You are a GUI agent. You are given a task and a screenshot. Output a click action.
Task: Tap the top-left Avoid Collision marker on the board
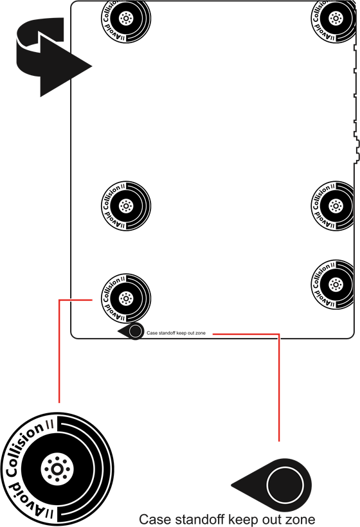(126, 18)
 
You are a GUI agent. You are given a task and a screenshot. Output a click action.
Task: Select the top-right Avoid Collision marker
(333, 18)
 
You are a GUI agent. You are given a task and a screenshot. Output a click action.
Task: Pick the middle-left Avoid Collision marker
(126, 206)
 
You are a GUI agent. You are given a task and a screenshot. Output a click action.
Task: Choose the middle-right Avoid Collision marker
(332, 206)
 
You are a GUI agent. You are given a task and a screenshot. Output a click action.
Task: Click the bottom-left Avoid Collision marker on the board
(126, 298)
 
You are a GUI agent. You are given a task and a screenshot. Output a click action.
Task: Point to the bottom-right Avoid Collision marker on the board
(332, 285)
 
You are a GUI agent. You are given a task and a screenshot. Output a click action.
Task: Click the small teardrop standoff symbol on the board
(131, 331)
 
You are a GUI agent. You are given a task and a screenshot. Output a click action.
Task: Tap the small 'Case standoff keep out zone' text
(176, 333)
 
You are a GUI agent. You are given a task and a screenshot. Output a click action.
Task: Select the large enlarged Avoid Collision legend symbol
(57, 469)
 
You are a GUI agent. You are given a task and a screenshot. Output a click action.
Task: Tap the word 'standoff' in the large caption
(196, 519)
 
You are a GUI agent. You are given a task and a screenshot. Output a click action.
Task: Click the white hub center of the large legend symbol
(57, 469)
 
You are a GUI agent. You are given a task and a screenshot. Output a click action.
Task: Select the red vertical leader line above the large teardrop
(279, 388)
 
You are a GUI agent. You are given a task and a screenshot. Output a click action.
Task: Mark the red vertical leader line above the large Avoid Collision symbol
(59, 351)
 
